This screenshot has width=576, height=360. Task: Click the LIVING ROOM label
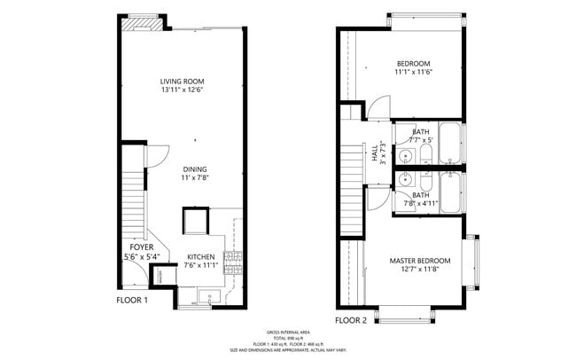coord(183,81)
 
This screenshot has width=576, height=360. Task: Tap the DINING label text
coord(195,168)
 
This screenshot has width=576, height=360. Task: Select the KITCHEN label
coord(201,256)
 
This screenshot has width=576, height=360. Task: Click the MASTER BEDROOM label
coord(420,261)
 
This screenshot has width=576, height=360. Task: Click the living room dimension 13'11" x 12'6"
coord(183,90)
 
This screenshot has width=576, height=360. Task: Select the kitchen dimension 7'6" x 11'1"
coord(201,265)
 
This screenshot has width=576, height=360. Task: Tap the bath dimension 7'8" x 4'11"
coord(420,203)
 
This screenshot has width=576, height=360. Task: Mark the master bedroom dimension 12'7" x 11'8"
coord(420,270)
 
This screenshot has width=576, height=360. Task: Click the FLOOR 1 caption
coord(132,300)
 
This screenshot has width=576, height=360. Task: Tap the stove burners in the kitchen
coord(235,260)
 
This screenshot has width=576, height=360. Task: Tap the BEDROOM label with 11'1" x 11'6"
coord(413,63)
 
